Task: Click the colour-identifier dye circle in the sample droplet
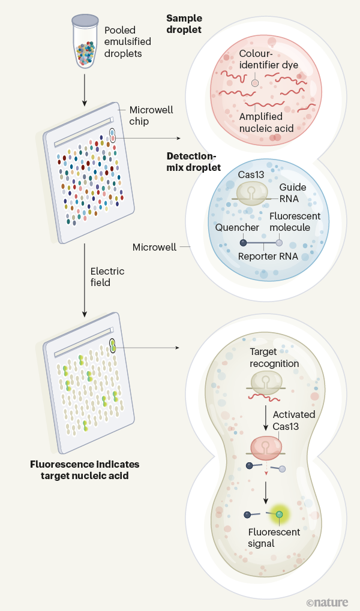tap(254, 83)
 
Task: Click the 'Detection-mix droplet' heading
tap(193, 161)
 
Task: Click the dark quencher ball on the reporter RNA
tap(242, 243)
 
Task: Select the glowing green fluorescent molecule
tap(280, 514)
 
